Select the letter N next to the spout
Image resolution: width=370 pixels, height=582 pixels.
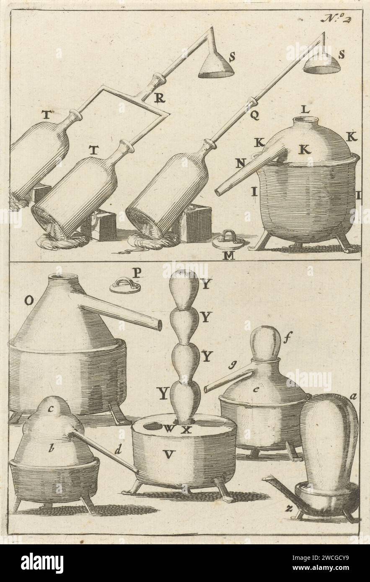(240, 164)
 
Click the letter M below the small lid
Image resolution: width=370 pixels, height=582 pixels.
(228, 256)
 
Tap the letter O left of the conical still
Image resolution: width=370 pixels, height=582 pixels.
(29, 300)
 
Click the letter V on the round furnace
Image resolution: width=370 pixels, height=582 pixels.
(168, 454)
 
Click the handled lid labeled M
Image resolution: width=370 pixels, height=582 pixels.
(228, 240)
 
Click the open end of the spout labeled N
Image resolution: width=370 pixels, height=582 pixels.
(218, 191)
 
